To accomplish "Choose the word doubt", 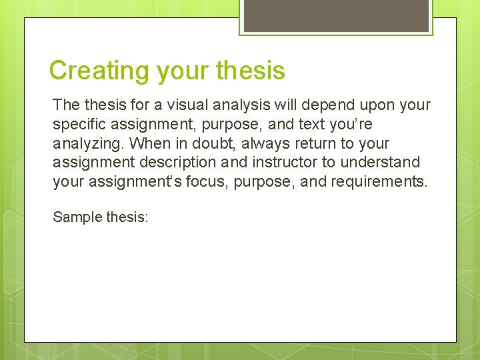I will point(212,143).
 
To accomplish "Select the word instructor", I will point(283,162).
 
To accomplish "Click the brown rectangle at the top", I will point(336,15).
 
